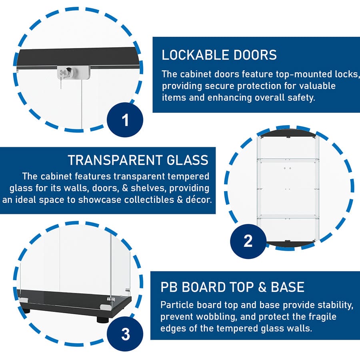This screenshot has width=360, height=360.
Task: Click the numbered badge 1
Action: point(126,120)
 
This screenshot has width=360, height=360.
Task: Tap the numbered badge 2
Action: point(248,240)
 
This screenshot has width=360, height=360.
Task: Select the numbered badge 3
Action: point(126,334)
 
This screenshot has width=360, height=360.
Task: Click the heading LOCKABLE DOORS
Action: point(219,55)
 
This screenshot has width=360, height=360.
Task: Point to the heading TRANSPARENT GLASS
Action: point(138,160)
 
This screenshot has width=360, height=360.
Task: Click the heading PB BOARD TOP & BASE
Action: point(232,287)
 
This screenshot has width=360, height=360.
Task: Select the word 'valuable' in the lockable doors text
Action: point(315,86)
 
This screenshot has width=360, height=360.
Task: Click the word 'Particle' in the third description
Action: point(176,305)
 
